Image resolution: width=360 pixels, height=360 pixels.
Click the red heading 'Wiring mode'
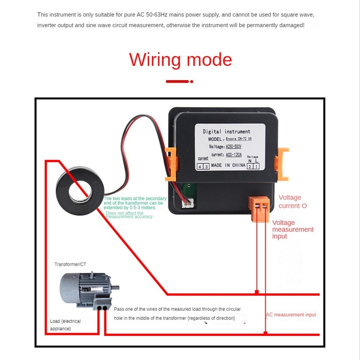180,60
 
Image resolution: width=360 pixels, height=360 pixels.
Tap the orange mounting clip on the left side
171,164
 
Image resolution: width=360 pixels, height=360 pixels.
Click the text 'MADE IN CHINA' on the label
228,165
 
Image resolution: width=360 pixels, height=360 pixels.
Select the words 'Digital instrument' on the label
226,132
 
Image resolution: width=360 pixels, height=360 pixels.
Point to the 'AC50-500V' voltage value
233,147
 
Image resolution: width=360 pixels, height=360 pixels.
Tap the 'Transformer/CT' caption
70,264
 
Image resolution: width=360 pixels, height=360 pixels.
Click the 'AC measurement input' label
291,315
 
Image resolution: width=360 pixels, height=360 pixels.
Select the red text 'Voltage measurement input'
292,229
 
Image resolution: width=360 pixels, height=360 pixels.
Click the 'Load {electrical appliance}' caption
65,325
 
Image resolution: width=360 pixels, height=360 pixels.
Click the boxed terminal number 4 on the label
200,166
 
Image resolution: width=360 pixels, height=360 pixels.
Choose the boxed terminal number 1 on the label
256,166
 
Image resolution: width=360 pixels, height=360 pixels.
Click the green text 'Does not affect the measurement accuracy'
129,215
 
